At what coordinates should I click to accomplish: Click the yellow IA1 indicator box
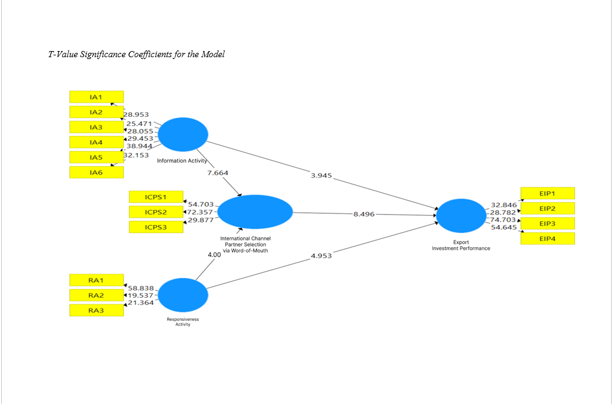coord(96,97)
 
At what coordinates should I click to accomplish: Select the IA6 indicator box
coord(96,172)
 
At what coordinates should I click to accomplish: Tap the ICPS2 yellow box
coord(156,212)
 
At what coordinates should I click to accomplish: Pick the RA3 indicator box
coord(96,311)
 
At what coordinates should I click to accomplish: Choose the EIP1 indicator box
coord(547,193)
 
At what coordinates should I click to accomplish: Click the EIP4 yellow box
coord(547,239)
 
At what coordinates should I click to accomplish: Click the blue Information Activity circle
coord(183,133)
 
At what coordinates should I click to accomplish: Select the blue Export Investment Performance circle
coord(461,216)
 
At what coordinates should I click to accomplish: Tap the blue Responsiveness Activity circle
coord(183,295)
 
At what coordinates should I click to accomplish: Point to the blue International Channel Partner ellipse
coord(255,212)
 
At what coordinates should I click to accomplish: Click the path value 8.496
coord(364,215)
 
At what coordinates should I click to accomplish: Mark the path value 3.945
coord(321,175)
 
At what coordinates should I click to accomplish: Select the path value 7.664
coord(217,173)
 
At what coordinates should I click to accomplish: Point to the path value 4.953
coord(321,255)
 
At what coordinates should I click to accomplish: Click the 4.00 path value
coord(214,254)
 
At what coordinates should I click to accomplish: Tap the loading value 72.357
coord(200,212)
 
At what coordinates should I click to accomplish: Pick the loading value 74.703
coord(502,220)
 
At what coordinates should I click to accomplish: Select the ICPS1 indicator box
coord(156,197)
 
